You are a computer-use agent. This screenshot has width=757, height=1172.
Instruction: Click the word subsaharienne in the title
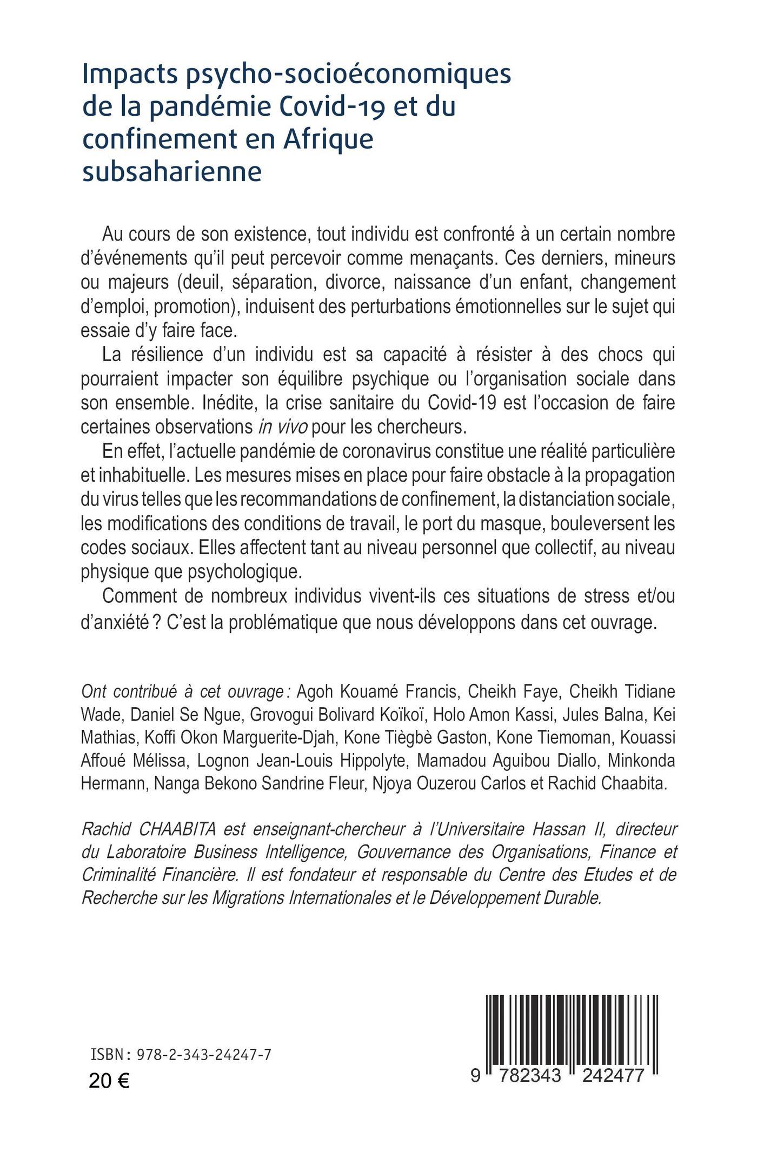tap(171, 172)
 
